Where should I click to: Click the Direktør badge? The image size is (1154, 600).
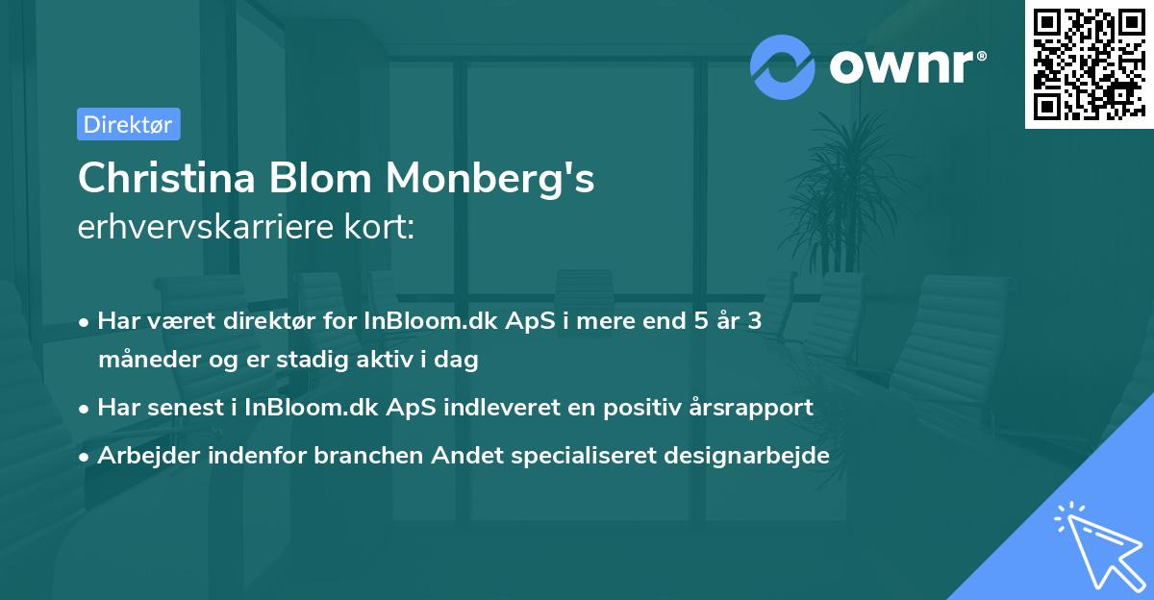point(128,124)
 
